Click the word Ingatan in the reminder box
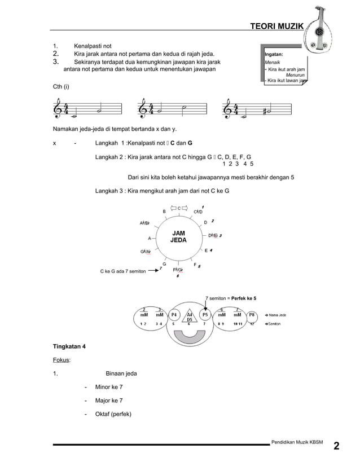275,55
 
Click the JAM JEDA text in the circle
178,237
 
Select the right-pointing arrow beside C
185,208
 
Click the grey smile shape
190,336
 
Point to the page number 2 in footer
336,447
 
